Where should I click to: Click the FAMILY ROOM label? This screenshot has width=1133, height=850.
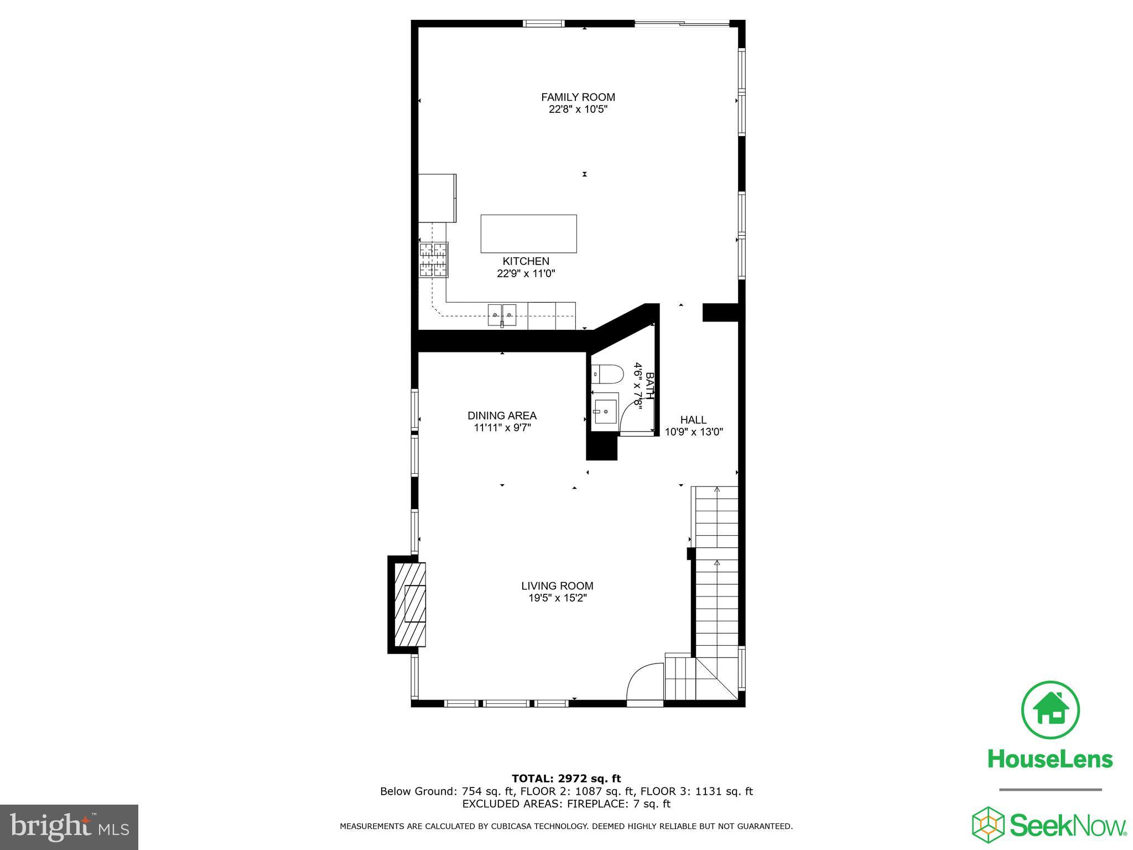click(578, 97)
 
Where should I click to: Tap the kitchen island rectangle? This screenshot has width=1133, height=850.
click(529, 234)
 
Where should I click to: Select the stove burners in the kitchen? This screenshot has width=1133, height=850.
click(433, 260)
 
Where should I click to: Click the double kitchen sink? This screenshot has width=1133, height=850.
click(502, 315)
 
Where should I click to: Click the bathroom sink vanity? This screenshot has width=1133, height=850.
click(605, 411)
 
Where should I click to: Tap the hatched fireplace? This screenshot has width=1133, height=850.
click(410, 604)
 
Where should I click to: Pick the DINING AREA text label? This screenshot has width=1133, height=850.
click(502, 416)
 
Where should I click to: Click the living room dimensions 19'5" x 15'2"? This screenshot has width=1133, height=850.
click(557, 598)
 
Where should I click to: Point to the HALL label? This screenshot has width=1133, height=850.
click(693, 420)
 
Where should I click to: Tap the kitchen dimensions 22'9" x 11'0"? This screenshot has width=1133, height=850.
click(526, 273)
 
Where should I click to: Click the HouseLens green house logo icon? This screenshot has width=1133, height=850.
click(1050, 710)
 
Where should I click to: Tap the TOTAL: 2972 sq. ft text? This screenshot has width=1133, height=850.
click(566, 779)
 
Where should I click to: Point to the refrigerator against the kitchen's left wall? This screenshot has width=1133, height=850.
click(437, 198)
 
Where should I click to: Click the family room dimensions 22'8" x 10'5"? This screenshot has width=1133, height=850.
click(578, 110)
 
